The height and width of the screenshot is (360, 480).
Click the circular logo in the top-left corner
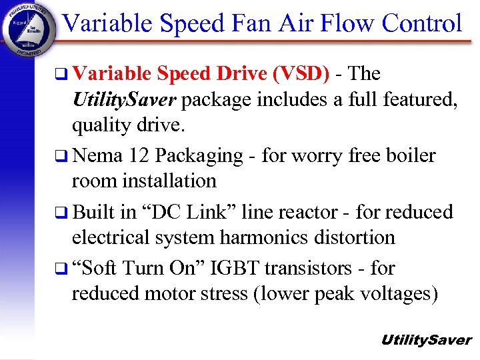(29, 29)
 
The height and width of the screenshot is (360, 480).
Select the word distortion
(357, 237)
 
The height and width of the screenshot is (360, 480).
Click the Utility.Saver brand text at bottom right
(425, 340)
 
